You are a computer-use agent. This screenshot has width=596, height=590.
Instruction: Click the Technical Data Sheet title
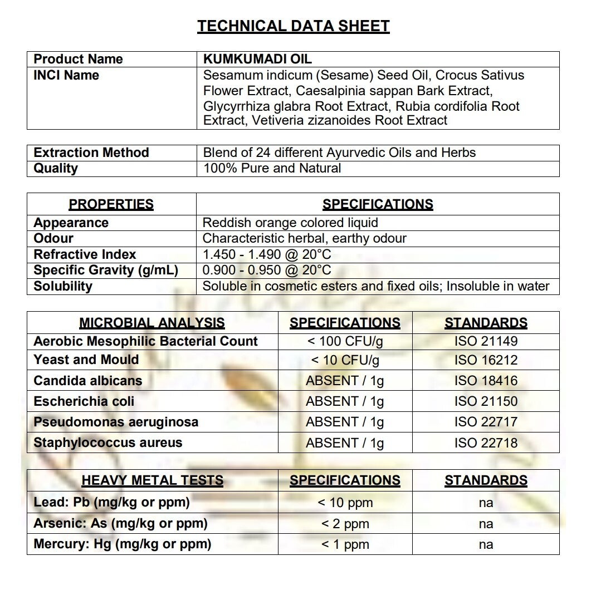294,26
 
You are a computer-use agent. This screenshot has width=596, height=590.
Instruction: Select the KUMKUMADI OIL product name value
257,59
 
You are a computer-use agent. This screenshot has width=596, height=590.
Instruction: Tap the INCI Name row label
66,75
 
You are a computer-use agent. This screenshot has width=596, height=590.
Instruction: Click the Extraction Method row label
91,153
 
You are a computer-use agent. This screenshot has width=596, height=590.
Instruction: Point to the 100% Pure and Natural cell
272,168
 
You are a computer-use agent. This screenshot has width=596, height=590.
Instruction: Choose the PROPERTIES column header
111,204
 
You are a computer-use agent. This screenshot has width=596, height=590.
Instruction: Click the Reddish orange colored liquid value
290,223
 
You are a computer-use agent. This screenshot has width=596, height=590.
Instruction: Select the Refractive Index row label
85,254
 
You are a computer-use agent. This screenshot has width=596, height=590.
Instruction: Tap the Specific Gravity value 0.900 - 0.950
267,271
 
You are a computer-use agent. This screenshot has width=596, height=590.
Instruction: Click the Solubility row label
63,286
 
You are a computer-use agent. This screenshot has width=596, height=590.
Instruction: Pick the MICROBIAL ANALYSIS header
152,323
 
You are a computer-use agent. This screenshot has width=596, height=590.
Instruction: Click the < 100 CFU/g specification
345,341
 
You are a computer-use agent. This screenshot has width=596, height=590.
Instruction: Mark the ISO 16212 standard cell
486,360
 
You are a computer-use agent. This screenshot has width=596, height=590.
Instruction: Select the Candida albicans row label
87,381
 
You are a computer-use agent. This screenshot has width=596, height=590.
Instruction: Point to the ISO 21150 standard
486,401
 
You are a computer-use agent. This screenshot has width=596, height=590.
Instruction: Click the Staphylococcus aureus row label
108,443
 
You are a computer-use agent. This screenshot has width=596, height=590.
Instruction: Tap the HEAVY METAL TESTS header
152,480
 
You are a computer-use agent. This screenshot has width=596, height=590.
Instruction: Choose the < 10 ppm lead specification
345,503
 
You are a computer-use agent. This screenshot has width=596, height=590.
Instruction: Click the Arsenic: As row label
120,523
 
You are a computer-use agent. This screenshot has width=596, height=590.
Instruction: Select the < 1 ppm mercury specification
345,544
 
